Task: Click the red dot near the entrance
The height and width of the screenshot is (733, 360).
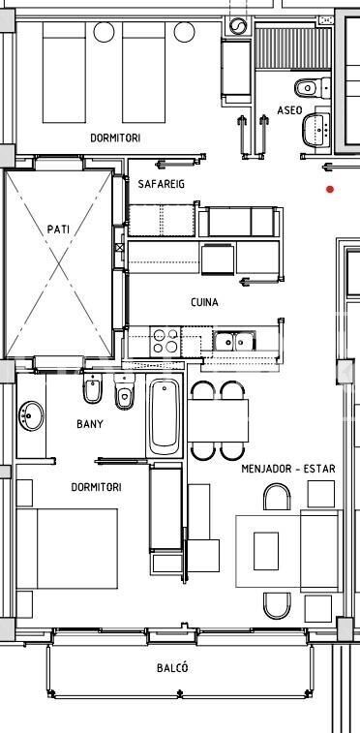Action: click(331, 190)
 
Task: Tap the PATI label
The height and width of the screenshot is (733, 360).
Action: click(58, 229)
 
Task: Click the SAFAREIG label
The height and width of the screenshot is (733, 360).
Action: click(161, 184)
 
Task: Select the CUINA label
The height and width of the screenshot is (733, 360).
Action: click(204, 302)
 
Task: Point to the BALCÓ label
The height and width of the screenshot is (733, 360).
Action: click(172, 667)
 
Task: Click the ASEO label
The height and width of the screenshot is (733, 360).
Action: click(289, 110)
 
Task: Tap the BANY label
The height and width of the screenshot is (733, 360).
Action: click(90, 424)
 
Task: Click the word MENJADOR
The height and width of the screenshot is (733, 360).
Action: click(265, 469)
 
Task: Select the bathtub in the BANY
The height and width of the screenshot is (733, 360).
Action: click(165, 416)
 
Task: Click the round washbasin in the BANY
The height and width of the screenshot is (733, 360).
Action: click(31, 416)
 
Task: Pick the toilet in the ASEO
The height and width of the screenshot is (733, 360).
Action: click(312, 87)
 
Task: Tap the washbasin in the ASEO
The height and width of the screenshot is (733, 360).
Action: click(316, 130)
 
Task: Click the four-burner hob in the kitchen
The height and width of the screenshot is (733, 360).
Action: click(165, 341)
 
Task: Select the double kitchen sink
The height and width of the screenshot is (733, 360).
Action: click(234, 341)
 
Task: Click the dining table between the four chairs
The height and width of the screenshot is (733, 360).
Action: click(218, 420)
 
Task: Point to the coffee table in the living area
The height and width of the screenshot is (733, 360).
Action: click(266, 551)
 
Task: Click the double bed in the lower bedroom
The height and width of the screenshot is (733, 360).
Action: click(67, 548)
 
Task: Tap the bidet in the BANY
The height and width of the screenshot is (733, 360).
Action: click(93, 388)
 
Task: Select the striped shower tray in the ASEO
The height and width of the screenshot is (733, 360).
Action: click(294, 49)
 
